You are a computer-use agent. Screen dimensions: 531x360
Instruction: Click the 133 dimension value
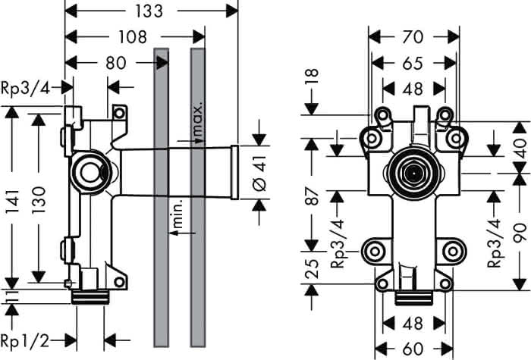149,11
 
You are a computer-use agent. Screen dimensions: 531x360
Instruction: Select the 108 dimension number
133,37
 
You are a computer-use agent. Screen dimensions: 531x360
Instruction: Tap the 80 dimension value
116,63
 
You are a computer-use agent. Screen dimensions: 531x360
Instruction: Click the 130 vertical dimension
38,199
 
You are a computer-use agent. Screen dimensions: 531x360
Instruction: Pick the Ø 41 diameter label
260,174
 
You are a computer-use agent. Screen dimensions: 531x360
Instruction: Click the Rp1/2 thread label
25,341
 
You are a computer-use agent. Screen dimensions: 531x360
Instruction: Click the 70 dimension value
413,37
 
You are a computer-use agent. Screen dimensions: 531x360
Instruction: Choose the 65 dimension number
413,63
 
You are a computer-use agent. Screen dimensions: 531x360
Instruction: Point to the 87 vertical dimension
312,196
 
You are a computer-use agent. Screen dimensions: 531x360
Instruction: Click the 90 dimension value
520,233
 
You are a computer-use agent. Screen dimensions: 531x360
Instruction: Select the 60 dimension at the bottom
413,349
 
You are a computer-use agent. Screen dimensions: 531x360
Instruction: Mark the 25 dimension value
312,268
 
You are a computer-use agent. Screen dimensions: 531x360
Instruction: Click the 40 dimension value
520,149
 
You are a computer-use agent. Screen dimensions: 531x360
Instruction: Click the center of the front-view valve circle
414,174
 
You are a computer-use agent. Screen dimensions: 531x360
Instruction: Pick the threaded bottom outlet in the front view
414,298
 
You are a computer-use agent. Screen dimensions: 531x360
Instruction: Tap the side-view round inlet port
91,172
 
